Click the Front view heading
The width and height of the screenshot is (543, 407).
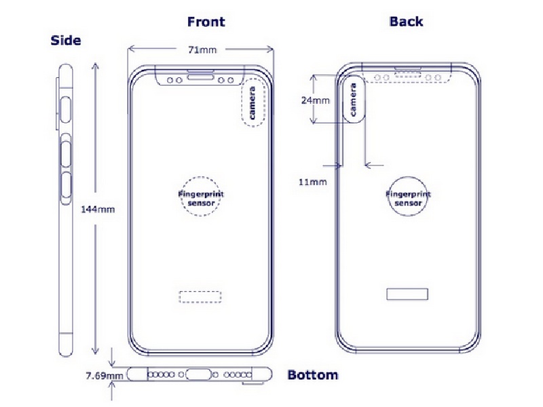tap(206, 22)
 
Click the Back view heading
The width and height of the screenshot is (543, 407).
tap(406, 22)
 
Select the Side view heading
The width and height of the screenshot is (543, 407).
tap(66, 41)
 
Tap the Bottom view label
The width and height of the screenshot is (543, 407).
tap(313, 375)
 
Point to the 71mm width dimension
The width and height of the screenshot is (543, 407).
tap(202, 50)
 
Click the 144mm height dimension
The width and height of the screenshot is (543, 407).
tap(98, 210)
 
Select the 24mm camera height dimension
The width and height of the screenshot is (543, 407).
tap(315, 100)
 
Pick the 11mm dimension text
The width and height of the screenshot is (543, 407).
tap(313, 182)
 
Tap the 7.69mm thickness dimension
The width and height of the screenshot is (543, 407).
tap(105, 376)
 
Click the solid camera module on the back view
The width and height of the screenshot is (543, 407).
tap(353, 100)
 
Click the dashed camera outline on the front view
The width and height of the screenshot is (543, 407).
tap(253, 102)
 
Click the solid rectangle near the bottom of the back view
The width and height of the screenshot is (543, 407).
tap(407, 294)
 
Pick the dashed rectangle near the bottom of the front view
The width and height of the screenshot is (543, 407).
tap(200, 297)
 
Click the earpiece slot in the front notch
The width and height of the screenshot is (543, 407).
tap(200, 75)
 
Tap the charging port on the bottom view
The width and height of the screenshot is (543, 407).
tap(198, 374)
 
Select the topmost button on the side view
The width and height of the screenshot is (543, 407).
tap(65, 110)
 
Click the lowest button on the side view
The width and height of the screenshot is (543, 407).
tap(66, 185)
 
